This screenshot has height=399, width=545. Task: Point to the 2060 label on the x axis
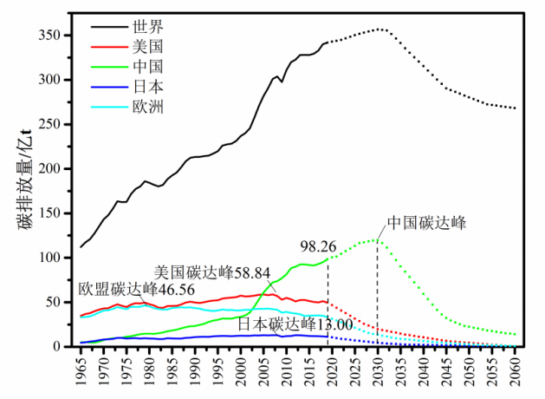click(x=516, y=370)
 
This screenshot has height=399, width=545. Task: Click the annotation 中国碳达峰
click(x=427, y=223)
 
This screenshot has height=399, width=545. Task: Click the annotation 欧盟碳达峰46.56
click(x=125, y=290)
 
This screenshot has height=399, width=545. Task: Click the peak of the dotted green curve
click(x=374, y=240)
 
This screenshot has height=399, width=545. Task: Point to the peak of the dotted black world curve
click(x=379, y=29)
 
